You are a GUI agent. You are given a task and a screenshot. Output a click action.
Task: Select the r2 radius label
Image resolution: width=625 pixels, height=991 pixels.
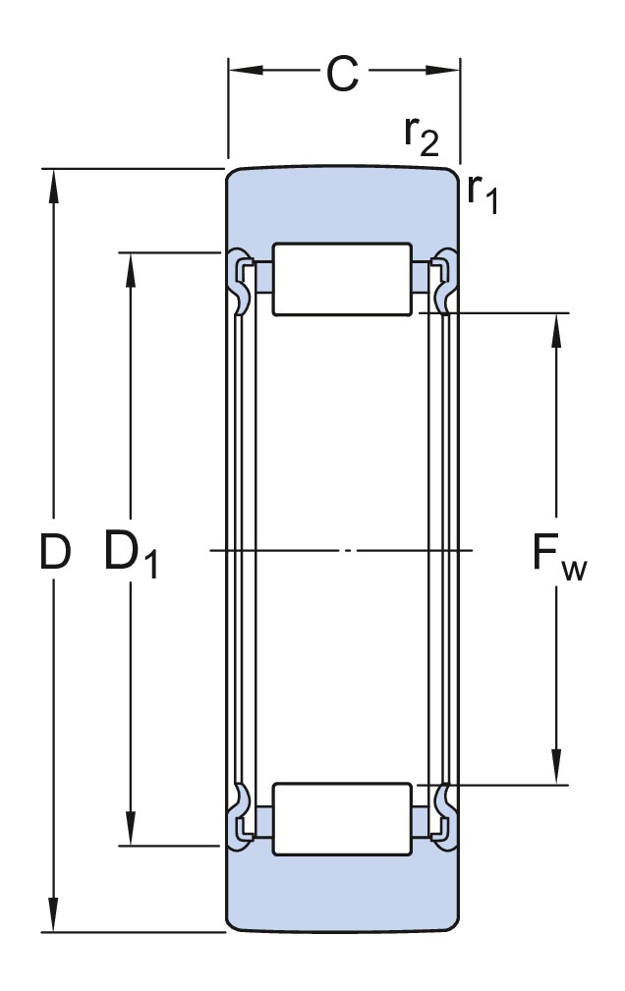click(422, 135)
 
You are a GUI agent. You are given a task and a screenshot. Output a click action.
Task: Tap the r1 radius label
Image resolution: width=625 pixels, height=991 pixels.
click(483, 193)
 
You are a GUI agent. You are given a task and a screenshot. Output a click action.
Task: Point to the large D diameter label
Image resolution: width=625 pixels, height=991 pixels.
click(55, 553)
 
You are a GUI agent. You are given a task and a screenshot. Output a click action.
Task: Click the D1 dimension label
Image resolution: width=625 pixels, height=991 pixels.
click(131, 555)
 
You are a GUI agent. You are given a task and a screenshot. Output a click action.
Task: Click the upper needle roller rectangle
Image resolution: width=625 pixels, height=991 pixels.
click(342, 279)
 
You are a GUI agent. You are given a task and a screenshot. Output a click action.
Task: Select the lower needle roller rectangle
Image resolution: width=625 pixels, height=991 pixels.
click(342, 818)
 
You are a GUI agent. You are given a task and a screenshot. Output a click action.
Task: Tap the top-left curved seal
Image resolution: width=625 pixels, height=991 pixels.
click(239, 280)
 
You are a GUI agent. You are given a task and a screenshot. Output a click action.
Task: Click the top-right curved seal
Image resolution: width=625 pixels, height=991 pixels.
click(445, 280)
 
